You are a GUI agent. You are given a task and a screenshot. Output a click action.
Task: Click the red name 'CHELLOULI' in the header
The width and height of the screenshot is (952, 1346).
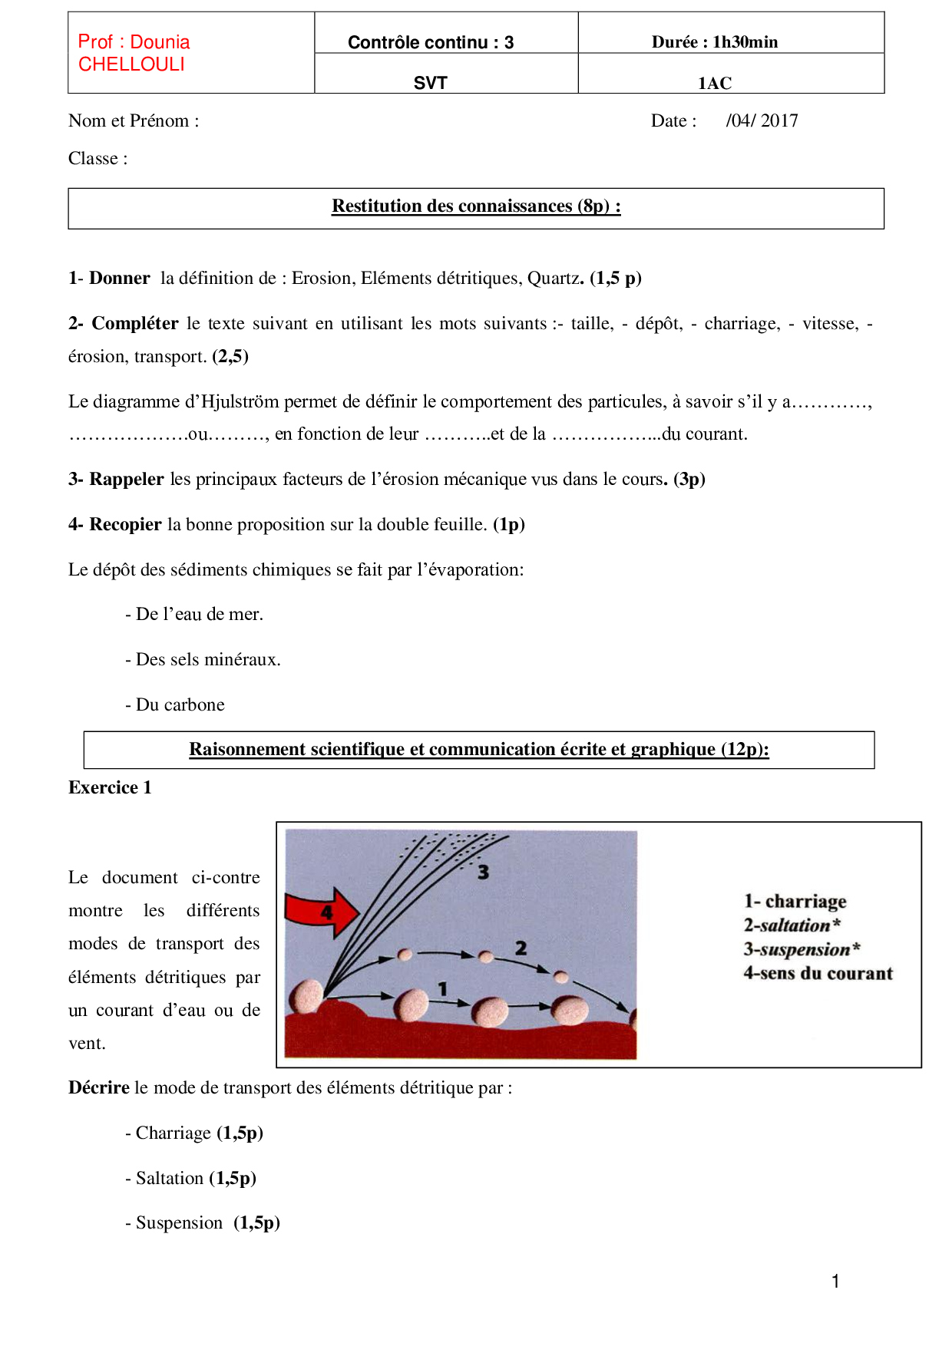click(131, 64)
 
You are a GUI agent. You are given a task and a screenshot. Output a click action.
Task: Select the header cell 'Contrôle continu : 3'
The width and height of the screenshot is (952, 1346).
click(430, 42)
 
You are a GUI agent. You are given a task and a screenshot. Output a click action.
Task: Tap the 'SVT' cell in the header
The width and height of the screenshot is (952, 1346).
click(430, 83)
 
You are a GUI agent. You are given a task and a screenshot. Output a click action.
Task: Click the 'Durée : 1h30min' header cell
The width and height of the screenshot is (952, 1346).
click(714, 42)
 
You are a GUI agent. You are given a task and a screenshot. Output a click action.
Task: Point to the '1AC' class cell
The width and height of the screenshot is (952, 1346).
click(714, 83)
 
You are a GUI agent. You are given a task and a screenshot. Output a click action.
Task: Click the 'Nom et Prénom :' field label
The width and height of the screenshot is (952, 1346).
click(134, 121)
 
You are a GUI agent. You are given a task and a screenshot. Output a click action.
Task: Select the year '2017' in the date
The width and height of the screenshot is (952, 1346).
click(779, 121)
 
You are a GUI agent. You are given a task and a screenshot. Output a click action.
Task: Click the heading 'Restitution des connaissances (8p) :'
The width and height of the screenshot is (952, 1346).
click(476, 206)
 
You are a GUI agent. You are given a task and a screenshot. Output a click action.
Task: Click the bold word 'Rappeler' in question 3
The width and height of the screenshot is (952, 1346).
click(127, 480)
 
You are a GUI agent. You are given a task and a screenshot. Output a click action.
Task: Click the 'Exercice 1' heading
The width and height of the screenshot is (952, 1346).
click(110, 788)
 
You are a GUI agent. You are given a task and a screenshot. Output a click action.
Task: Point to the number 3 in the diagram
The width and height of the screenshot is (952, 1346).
click(483, 873)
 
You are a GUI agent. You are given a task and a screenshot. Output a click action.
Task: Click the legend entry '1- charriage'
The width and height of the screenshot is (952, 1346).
click(795, 901)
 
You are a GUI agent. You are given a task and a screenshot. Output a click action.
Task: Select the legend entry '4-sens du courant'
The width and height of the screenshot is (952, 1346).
click(818, 974)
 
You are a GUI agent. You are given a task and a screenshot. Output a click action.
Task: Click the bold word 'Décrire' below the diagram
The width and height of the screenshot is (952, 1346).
click(99, 1088)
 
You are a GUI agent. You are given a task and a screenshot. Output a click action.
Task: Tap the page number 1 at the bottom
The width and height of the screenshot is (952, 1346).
click(835, 1282)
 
